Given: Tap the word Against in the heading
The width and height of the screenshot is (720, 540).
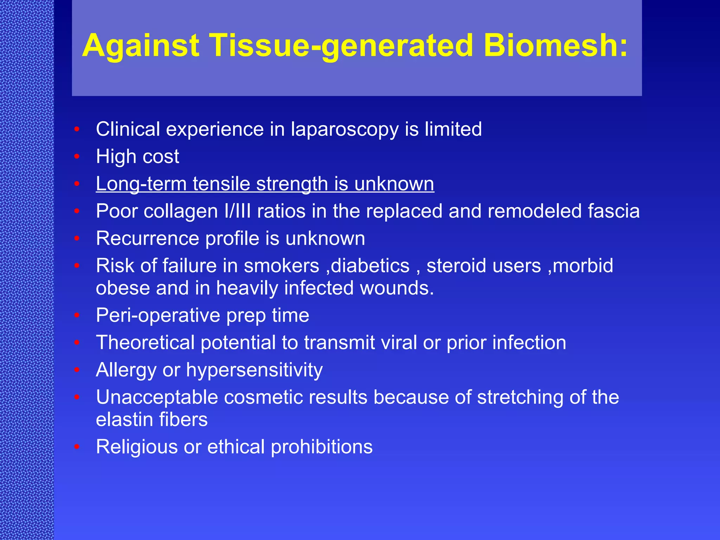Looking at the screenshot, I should (141, 46).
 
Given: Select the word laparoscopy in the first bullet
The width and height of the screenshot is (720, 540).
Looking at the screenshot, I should (345, 129).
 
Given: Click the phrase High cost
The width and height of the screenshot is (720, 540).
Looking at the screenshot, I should (137, 156).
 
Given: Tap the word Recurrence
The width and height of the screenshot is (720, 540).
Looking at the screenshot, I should (148, 239).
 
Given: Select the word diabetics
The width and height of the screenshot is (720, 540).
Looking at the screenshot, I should (370, 266).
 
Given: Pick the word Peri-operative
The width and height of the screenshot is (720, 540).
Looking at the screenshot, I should (158, 315).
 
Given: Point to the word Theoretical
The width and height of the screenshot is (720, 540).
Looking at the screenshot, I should (145, 343).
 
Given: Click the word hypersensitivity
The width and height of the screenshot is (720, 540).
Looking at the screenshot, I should (254, 370).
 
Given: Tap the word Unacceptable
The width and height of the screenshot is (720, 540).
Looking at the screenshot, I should (157, 398).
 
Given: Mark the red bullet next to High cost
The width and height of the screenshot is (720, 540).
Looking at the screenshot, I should (77, 156).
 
